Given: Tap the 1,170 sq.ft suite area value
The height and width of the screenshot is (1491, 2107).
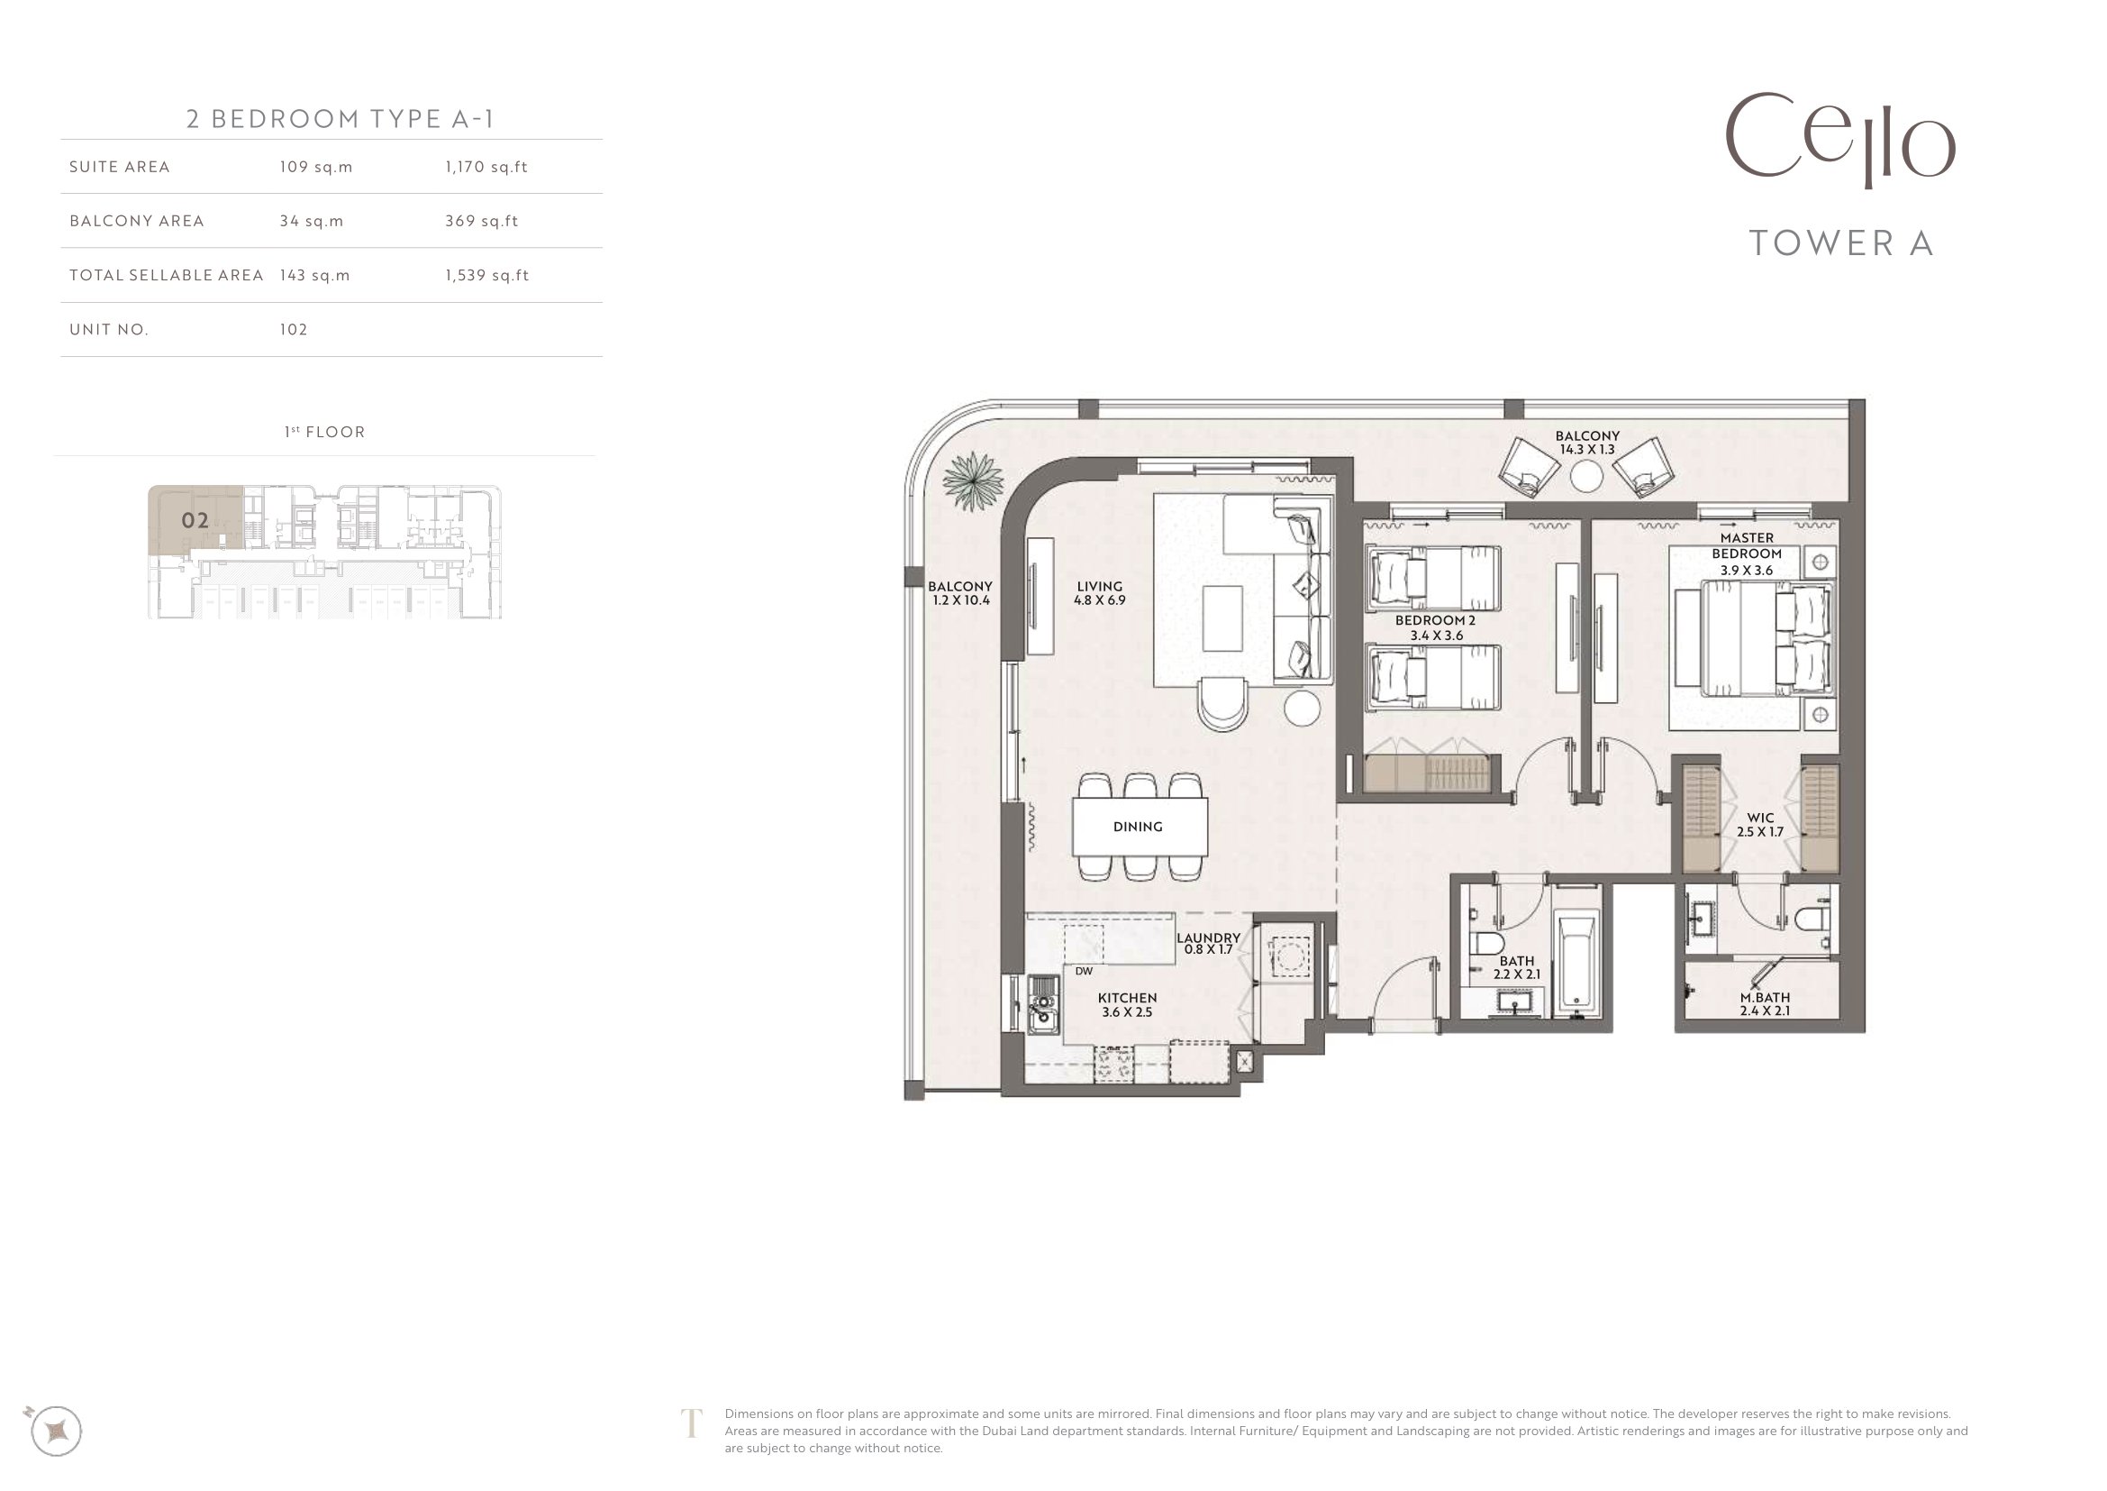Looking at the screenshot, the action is coord(486,167).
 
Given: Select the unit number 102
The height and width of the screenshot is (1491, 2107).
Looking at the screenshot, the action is coord(294,330).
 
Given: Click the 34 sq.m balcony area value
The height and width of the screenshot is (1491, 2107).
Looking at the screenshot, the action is coord(312,221).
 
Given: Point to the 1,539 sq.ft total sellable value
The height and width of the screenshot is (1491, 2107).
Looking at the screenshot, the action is coord(487,276).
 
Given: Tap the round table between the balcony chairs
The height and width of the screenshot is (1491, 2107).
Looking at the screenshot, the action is coord(1585,477).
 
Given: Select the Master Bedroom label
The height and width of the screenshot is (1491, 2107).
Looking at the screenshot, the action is coord(1747,553).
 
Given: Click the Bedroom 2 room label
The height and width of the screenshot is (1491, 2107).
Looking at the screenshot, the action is coord(1435,627).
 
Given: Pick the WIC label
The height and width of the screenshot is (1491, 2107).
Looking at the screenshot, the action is coord(1760,825).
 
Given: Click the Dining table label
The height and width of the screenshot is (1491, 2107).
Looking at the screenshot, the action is coord(1138,827).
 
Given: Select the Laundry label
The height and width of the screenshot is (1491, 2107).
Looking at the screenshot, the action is coord(1209,944).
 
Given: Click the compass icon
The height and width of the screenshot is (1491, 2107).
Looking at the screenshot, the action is coord(55,1431).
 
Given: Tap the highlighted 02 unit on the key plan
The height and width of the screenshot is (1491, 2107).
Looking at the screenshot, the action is coord(195,520).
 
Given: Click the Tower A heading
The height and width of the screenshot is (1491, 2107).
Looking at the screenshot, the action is coord(1841,243).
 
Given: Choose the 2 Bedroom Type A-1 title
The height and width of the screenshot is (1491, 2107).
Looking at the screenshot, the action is coord(341,119).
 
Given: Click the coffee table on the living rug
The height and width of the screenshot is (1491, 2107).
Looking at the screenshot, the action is coord(1222,617).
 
